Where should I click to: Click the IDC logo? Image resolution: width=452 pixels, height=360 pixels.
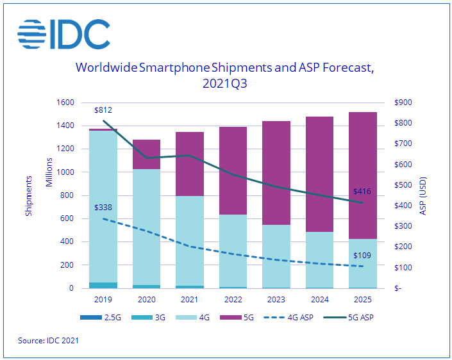pyautogui.click(x=63, y=35)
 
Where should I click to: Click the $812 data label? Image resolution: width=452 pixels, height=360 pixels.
pyautogui.click(x=103, y=110)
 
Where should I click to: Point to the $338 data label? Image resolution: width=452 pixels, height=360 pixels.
pyautogui.click(x=103, y=208)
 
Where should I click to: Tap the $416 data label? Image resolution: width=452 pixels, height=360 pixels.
pyautogui.click(x=362, y=191)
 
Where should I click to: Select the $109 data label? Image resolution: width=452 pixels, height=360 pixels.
pyautogui.click(x=362, y=256)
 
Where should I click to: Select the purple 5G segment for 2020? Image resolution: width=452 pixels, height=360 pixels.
pyautogui.click(x=146, y=154)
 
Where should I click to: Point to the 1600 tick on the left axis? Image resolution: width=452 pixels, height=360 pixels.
pyautogui.click(x=66, y=102)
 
